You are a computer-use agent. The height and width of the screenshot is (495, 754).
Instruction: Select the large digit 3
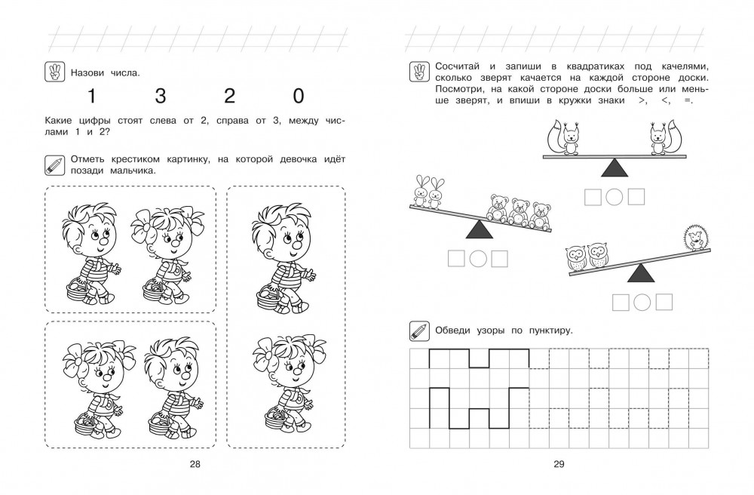click(160, 97)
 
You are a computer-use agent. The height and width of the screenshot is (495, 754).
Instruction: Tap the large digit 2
click(229, 97)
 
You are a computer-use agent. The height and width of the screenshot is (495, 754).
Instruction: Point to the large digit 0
click(299, 97)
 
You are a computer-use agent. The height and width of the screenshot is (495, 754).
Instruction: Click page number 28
click(195, 464)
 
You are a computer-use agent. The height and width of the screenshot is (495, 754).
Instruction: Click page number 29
click(559, 464)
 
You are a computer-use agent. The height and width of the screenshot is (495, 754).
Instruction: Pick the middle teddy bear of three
click(519, 211)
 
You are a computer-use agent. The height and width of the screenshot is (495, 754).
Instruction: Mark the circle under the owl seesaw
click(642, 303)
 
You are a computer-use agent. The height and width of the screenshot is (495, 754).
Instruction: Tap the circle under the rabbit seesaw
click(477, 259)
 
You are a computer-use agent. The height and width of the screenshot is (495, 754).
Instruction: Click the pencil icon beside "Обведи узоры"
click(418, 331)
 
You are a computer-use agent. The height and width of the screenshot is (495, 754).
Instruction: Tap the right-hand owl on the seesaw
click(597, 256)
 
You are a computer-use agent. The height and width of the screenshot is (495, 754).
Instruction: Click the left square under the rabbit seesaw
click(455, 259)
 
